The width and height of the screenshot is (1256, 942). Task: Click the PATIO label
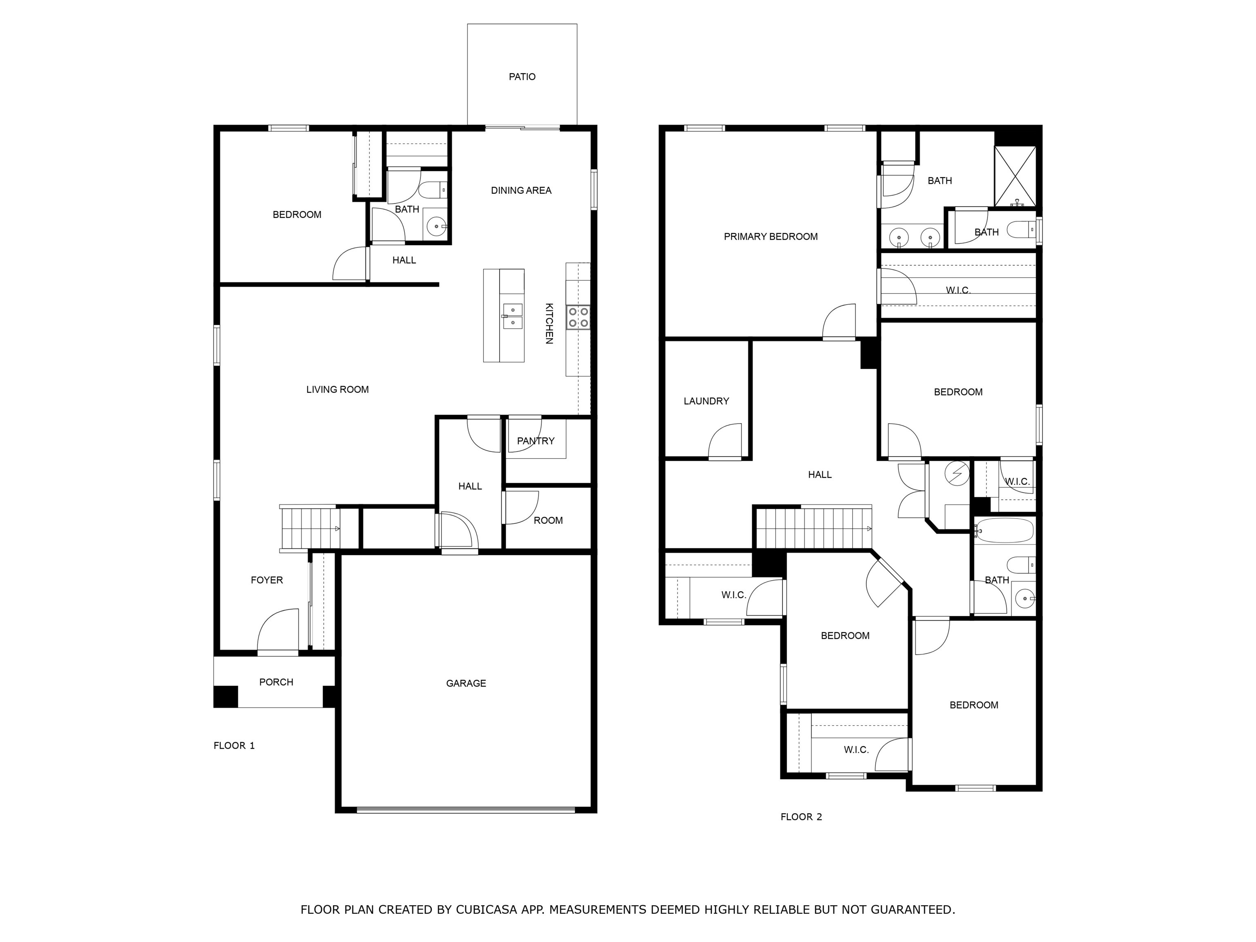pyautogui.click(x=522, y=76)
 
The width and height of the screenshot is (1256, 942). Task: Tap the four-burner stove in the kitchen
pyautogui.click(x=578, y=317)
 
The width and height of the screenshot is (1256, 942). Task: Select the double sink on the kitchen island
pyautogui.click(x=513, y=316)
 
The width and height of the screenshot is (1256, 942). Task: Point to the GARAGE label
pyautogui.click(x=466, y=683)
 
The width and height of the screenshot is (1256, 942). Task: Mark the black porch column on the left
pyautogui.click(x=225, y=696)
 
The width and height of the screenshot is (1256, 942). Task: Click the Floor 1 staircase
pyautogui.click(x=310, y=528)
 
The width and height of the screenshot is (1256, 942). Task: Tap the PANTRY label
pyautogui.click(x=536, y=441)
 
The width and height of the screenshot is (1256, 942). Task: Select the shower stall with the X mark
pyautogui.click(x=1015, y=176)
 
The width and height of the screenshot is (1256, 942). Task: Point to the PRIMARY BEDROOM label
pyautogui.click(x=771, y=237)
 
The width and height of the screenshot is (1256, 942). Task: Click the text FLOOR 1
pyautogui.click(x=234, y=745)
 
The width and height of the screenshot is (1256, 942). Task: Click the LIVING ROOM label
pyautogui.click(x=337, y=390)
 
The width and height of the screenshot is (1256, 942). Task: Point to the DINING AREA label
pyautogui.click(x=521, y=190)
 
